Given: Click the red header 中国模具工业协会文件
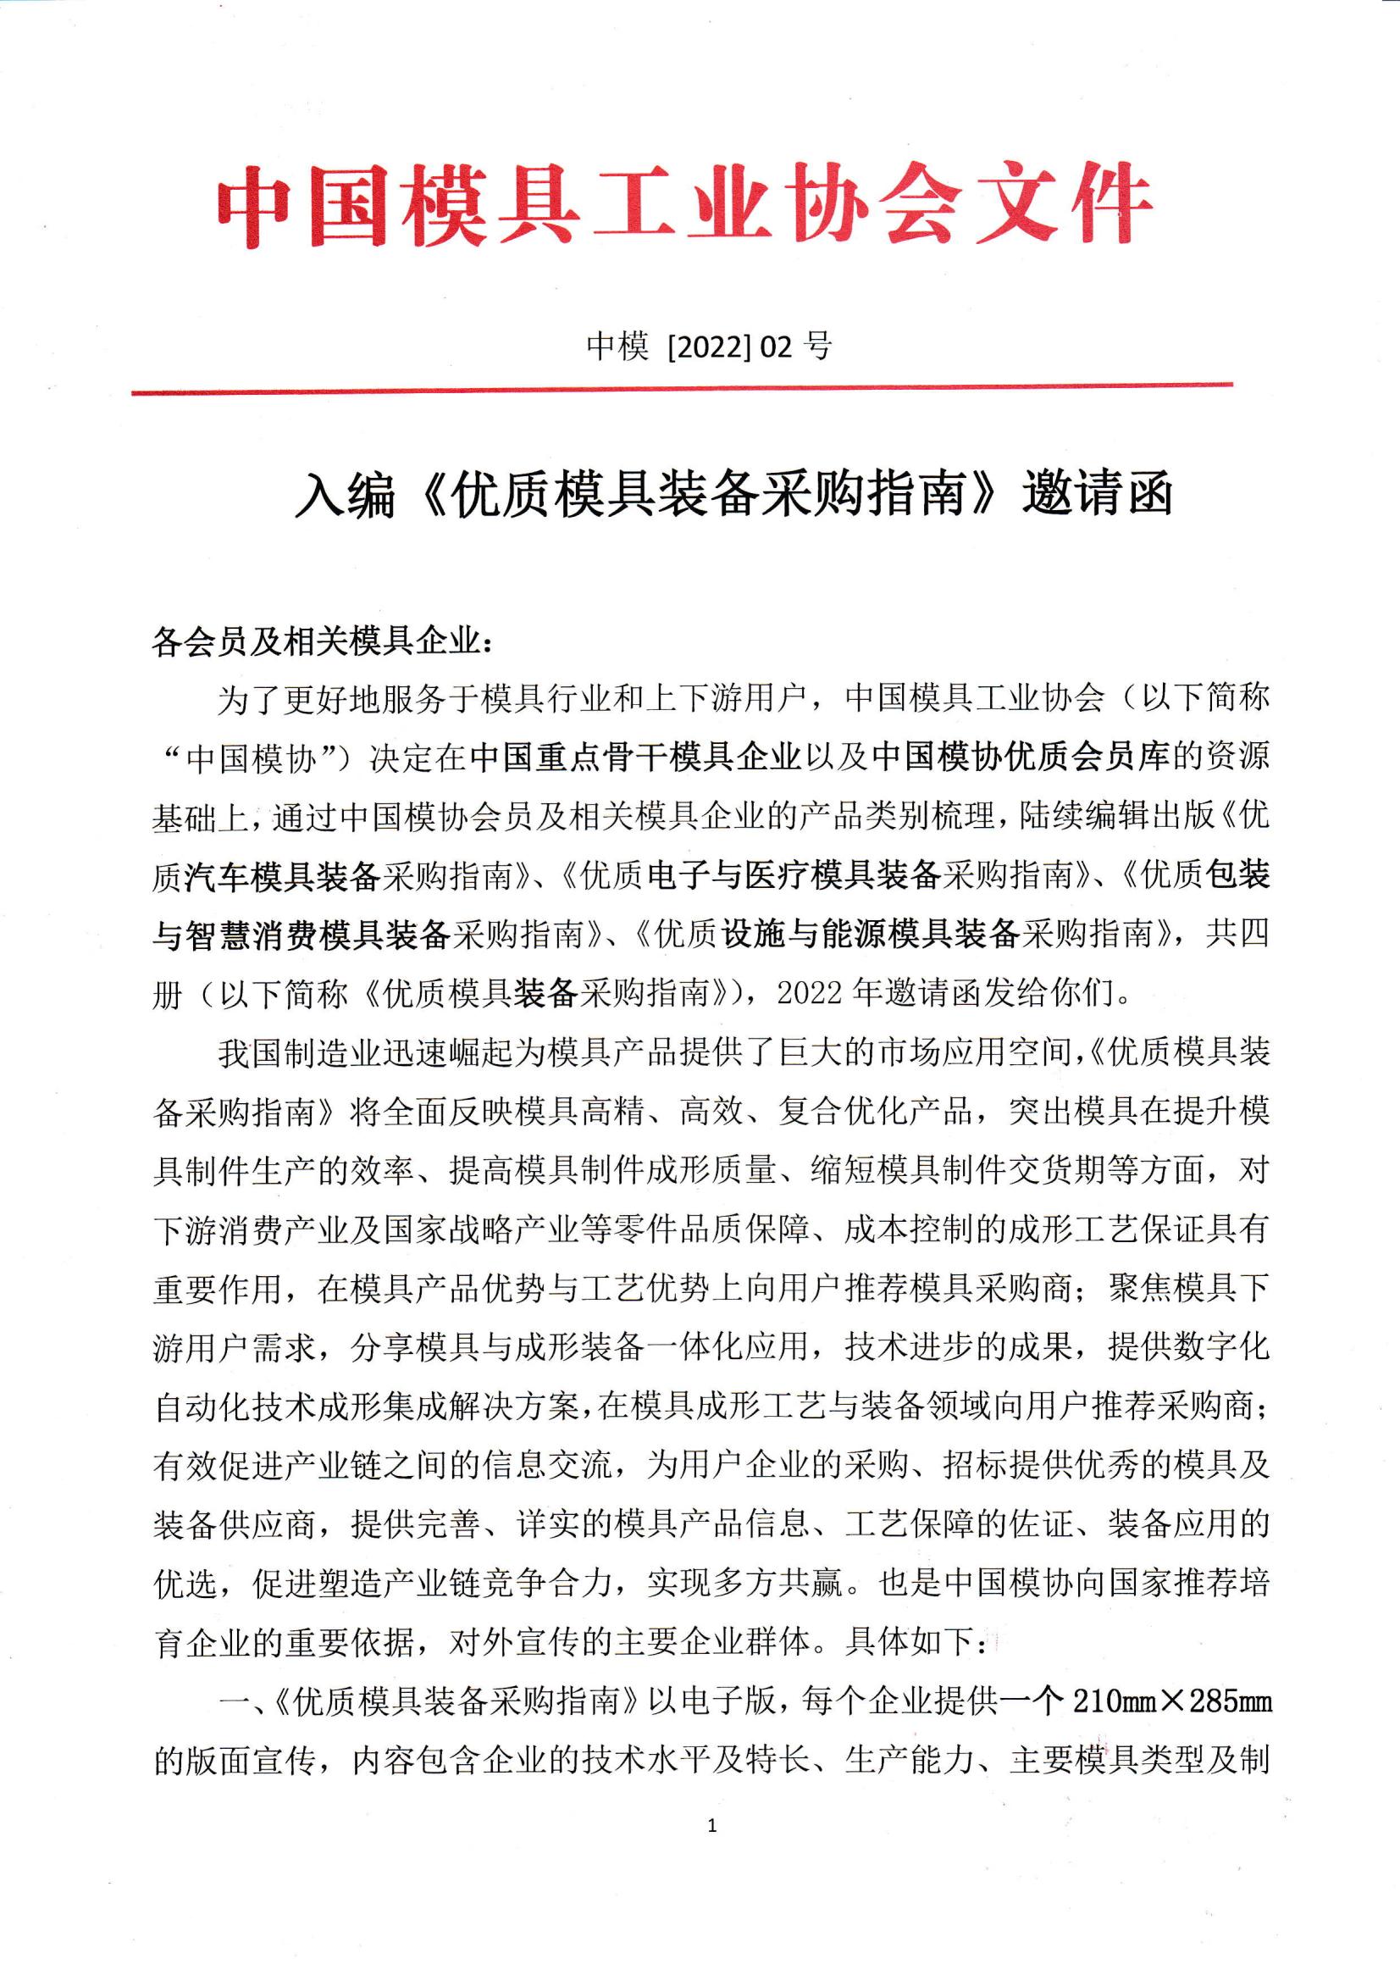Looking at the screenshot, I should pos(685,206).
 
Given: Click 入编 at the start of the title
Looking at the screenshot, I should pos(344,498).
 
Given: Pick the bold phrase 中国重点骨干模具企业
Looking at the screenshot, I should pos(637,757).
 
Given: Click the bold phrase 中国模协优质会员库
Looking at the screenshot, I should pos(1020,757).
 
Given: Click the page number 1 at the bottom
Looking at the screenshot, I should pos(711,1825).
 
